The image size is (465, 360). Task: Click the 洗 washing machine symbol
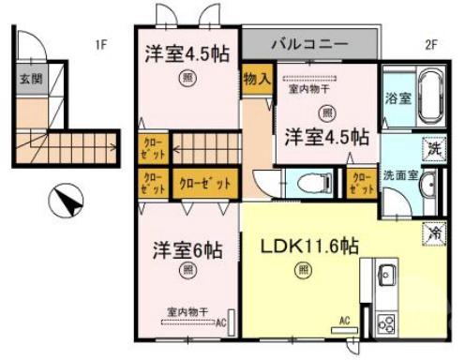pos(435,148)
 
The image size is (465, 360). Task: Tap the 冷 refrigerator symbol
pos(435,230)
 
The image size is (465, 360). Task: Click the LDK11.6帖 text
pos(310,247)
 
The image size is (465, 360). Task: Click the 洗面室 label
pos(399,176)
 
